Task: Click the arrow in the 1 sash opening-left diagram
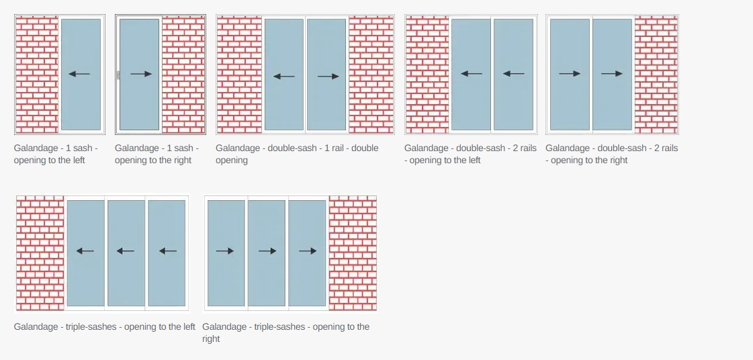[79, 74]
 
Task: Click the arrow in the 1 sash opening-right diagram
[141, 74]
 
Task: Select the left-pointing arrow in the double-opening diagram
[284, 76]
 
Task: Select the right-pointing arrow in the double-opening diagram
[328, 76]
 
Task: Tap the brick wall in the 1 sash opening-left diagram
[36, 75]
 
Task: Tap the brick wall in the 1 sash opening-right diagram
[183, 75]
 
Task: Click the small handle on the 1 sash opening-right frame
[118, 75]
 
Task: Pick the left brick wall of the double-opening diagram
[239, 75]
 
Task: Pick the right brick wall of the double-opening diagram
[371, 75]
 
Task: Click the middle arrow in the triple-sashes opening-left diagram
[126, 251]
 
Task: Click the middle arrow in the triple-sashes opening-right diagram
[267, 251]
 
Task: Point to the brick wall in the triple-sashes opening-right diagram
[353, 253]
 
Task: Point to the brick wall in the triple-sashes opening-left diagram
[40, 253]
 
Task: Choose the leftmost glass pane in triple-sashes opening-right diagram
[226, 253]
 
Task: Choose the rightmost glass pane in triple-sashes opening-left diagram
[167, 253]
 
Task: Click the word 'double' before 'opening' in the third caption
[365, 148]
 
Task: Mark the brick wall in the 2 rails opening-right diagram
[656, 75]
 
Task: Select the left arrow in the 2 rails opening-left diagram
[472, 73]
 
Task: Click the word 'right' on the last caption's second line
[212, 339]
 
